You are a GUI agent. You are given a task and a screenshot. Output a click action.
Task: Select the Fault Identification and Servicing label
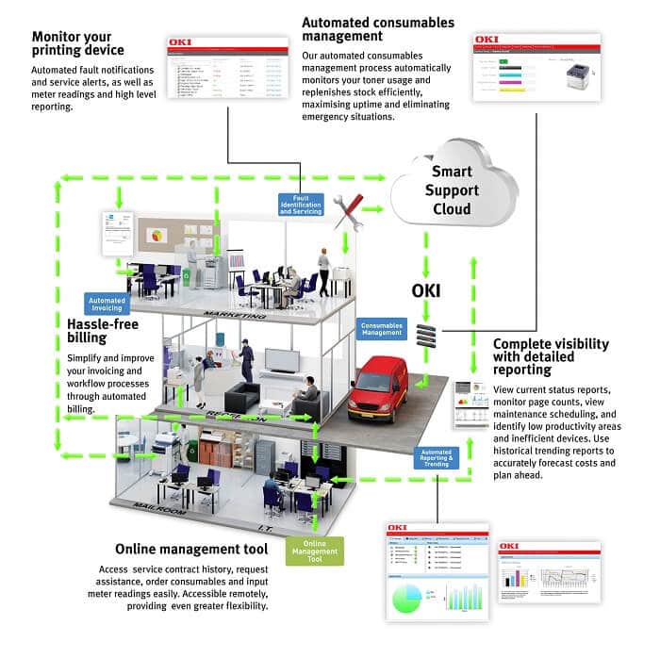[300, 205]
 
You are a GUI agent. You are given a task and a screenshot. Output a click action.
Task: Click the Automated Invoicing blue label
[107, 304]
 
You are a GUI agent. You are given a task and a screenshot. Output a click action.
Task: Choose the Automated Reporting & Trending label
[435, 458]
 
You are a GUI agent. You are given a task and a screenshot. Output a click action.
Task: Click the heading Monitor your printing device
[78, 43]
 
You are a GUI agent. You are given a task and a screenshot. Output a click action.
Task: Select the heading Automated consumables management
[377, 28]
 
